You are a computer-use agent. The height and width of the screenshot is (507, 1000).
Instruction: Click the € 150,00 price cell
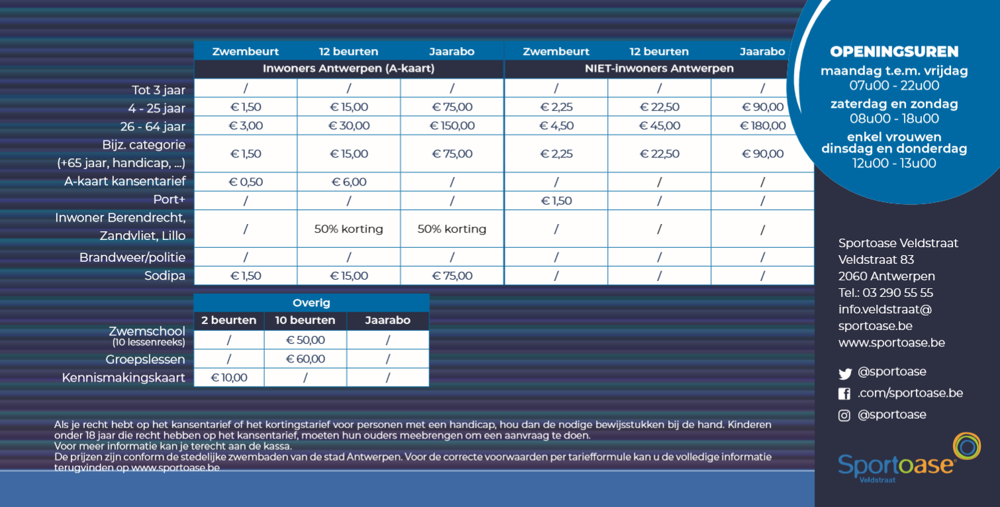point(452,126)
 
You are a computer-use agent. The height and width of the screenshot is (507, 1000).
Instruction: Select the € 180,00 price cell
point(763,126)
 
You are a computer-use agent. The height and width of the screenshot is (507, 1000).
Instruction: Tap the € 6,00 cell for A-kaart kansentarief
point(349,182)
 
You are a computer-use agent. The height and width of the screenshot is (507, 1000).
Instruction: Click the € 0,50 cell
point(246,182)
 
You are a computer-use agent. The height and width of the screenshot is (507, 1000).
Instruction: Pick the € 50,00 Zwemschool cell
point(305,340)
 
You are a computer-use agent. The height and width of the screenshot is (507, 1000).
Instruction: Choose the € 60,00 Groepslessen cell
point(305,359)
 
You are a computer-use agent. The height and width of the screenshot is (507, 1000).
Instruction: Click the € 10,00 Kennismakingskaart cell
point(229,378)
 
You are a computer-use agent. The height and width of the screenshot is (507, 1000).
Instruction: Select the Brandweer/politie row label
point(132,257)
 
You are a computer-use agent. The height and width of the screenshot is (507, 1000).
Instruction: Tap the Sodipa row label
point(165,276)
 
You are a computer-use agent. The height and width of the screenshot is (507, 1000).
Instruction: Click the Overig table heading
point(311,303)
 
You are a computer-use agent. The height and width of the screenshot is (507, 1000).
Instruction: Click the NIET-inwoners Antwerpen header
point(659,69)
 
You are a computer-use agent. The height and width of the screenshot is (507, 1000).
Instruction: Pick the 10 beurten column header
point(305,321)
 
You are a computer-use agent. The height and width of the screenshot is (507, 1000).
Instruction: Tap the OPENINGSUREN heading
point(894,52)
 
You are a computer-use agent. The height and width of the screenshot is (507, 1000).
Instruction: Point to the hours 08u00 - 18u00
point(894,119)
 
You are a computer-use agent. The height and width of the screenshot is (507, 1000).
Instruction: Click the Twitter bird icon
point(844,373)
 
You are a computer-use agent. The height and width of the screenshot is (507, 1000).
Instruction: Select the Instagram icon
point(844,416)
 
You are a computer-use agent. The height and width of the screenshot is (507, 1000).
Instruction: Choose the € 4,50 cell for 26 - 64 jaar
point(556,126)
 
